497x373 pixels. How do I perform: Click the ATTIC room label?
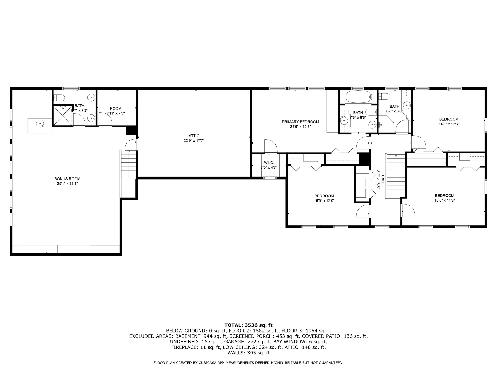coord(194,136)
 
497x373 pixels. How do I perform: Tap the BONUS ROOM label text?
coord(67,179)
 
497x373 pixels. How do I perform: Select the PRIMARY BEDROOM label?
coord(300,122)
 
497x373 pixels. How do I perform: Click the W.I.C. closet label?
coord(269,163)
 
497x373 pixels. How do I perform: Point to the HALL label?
coord(383,179)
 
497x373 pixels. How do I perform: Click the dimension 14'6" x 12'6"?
coord(449,124)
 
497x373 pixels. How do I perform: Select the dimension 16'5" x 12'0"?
coord(324,200)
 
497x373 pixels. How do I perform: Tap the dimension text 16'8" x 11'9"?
coord(444,200)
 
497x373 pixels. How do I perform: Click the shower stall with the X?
coord(62,116)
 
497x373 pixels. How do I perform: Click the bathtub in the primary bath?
coord(358,97)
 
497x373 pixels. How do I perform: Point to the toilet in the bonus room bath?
coord(59,98)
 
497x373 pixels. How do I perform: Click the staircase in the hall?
coord(396,176)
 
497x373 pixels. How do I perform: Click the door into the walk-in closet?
coord(271,147)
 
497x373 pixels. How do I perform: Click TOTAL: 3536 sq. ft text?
coord(248,325)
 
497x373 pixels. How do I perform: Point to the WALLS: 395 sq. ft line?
coord(248,353)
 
